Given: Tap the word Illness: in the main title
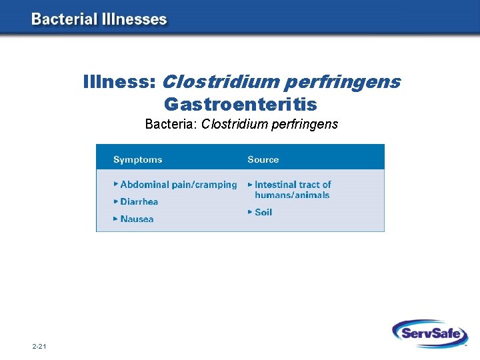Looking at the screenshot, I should [119, 82].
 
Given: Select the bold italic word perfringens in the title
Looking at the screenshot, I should [342, 82].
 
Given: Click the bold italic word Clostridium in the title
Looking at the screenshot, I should [221, 82].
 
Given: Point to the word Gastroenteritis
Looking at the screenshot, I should [240, 105].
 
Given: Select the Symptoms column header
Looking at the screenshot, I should [137, 159].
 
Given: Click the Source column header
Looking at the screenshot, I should [263, 159].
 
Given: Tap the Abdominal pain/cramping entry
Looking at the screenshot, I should [178, 185].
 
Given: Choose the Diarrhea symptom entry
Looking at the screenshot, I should [139, 201].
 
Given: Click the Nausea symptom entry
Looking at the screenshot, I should [137, 219].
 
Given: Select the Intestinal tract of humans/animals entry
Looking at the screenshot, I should [292, 190].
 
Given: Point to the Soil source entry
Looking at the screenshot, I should [263, 212].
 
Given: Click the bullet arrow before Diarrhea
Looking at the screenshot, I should [116, 201].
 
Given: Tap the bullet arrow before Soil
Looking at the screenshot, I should [250, 211].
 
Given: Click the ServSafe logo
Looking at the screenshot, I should [429, 333].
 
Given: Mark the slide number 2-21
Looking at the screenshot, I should [39, 347].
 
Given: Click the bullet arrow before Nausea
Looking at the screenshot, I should [116, 218].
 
